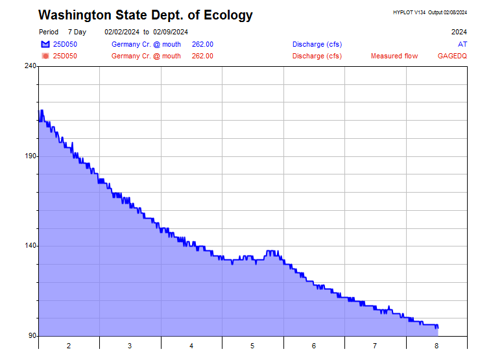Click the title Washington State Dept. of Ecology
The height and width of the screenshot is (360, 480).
pyautogui.click(x=145, y=15)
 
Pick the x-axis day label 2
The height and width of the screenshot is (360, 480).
pyautogui.click(x=69, y=346)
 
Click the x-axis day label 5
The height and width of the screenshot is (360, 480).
pyautogui.click(x=252, y=346)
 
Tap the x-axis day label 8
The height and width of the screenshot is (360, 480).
pyautogui.click(x=437, y=346)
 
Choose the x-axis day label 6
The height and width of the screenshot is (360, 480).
pyautogui.click(x=314, y=346)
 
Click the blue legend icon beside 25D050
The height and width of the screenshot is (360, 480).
pyautogui.click(x=45, y=44)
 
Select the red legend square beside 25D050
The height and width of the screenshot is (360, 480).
pyautogui.click(x=45, y=56)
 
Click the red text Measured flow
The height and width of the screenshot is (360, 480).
pyautogui.click(x=394, y=56)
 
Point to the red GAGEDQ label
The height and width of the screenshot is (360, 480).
pyautogui.click(x=452, y=56)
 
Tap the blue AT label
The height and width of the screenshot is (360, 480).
pyautogui.click(x=462, y=44)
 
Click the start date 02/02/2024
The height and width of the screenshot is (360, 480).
pyautogui.click(x=121, y=32)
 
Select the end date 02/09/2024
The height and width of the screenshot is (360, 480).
pyautogui.click(x=171, y=32)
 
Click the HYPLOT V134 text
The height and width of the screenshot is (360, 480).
pyautogui.click(x=409, y=12)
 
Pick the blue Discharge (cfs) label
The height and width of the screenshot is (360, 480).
pyautogui.click(x=317, y=44)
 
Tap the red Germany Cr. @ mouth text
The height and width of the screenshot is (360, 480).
pyautogui.click(x=146, y=56)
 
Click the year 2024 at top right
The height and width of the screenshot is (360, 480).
pyautogui.click(x=459, y=32)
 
